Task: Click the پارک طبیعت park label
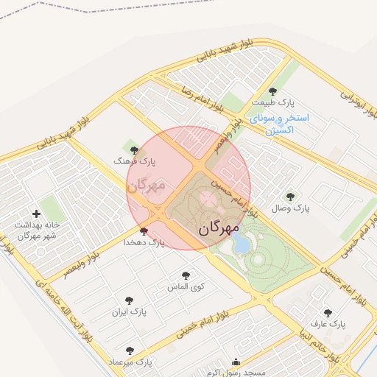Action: coord(272,103)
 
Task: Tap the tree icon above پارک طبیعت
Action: coord(272,92)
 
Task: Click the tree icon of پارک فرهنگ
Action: coord(133,150)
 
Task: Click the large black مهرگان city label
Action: coord(219,228)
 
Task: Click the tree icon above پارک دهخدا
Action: coord(143,231)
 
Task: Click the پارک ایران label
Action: coord(130,311)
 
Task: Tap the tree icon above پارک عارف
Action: coord(328,313)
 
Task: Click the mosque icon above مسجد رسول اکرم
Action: coord(236,362)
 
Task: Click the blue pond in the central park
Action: coord(241,243)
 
